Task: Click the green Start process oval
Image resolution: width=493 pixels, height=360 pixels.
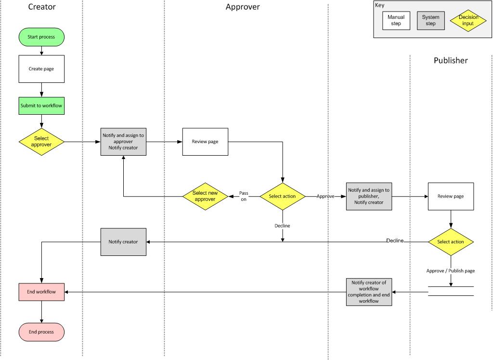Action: (x=41, y=37)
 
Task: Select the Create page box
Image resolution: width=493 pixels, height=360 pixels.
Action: (x=41, y=69)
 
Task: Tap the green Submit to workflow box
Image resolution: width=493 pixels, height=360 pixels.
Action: (x=41, y=106)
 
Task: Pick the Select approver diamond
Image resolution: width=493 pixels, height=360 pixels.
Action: (x=41, y=142)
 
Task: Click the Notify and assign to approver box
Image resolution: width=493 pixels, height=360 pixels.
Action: (x=123, y=142)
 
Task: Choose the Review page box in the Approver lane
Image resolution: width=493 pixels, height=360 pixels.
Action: (x=205, y=142)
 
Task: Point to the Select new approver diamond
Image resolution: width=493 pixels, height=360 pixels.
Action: (x=205, y=196)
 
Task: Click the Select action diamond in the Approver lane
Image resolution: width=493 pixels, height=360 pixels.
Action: (x=282, y=196)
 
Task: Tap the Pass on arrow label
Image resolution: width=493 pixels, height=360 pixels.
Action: (x=244, y=196)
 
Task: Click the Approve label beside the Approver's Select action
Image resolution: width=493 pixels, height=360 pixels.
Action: (x=325, y=196)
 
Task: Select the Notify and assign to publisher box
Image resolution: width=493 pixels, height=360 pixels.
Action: (x=369, y=196)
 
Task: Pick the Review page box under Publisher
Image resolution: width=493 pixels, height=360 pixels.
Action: (x=451, y=196)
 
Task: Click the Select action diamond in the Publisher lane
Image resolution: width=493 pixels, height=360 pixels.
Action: (x=451, y=242)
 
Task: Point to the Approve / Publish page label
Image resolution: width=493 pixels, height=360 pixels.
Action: (x=451, y=271)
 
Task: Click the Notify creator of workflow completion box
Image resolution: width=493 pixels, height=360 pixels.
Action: (x=369, y=292)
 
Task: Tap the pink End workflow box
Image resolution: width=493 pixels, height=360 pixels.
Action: (x=41, y=292)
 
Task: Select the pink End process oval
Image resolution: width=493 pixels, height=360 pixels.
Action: (x=41, y=332)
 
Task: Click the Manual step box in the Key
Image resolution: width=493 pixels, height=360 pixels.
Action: (x=396, y=21)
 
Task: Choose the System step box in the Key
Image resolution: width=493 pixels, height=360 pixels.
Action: (x=431, y=21)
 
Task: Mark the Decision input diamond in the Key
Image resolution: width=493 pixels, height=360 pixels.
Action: (x=468, y=21)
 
